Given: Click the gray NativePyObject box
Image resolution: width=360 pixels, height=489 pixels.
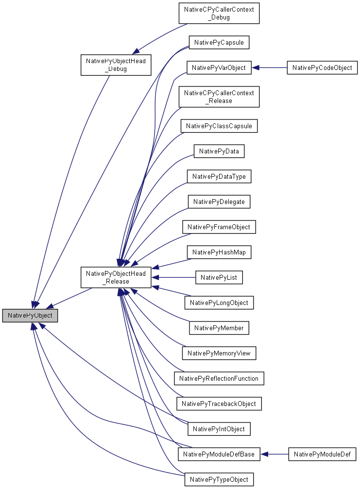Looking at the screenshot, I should click(x=30, y=316).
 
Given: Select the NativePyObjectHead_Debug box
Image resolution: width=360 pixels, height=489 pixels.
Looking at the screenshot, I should click(x=116, y=65).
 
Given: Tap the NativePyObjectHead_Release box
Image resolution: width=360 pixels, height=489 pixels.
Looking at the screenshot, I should click(x=116, y=277).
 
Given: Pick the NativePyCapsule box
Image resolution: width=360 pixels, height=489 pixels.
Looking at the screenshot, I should click(x=219, y=43).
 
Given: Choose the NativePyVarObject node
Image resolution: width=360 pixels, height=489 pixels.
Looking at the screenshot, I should click(x=219, y=68).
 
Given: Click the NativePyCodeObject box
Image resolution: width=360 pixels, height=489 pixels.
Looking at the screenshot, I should click(x=322, y=68).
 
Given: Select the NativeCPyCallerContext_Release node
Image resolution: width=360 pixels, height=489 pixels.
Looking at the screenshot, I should click(x=219, y=97).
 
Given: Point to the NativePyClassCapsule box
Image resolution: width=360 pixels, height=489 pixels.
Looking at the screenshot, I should click(x=219, y=126).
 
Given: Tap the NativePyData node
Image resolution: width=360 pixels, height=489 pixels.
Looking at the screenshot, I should click(x=219, y=152).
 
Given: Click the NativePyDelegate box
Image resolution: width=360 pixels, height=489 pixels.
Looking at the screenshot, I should click(x=219, y=202).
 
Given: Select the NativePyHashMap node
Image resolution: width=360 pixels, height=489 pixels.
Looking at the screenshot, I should click(x=219, y=252).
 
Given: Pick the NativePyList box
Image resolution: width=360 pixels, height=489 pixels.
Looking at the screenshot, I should click(x=219, y=278).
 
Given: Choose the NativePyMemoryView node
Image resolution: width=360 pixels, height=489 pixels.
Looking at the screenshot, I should click(x=219, y=353).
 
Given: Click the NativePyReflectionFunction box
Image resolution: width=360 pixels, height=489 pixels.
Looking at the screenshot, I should click(x=219, y=378).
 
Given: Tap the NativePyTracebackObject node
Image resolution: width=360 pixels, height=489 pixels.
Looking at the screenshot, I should click(x=219, y=404).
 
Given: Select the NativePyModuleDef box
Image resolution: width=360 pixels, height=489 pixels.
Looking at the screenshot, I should click(x=323, y=455).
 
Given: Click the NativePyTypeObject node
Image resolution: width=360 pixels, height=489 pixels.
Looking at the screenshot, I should click(x=219, y=480).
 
